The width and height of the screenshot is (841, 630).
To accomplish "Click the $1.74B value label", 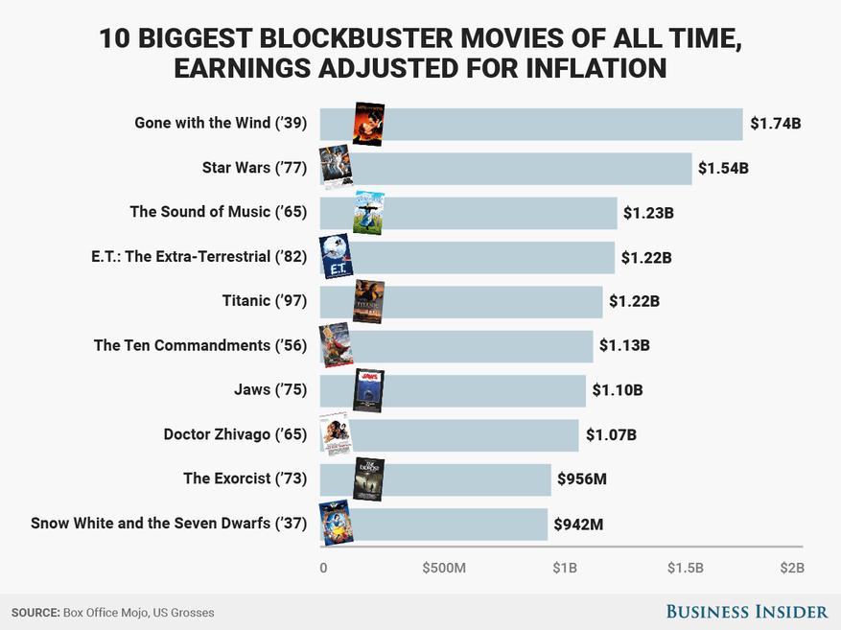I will tap(775, 124).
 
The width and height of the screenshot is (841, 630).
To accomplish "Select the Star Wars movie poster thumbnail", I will tap(336, 168).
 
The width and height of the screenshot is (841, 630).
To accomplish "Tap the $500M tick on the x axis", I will tap(444, 568).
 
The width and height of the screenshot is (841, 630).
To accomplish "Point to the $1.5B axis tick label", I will tap(685, 568).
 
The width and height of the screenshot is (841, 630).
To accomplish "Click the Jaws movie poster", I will tap(368, 390).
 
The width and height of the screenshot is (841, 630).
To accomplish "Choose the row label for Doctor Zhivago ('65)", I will tap(235, 434).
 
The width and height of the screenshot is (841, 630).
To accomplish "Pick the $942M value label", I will tap(578, 525).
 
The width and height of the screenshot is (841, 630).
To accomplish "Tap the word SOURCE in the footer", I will tap(35, 612).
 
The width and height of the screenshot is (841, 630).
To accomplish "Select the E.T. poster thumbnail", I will tap(336, 257).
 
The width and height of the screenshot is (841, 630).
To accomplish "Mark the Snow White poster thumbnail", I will tap(336, 524).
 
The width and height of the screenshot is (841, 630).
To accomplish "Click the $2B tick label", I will tap(791, 568).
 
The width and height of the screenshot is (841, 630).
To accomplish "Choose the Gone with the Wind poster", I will tap(368, 124).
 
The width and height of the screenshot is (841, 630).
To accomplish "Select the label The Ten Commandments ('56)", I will tap(199, 345).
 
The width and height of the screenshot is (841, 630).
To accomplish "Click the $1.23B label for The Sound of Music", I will tap(648, 213).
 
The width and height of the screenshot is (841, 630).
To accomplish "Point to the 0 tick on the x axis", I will tap(323, 568).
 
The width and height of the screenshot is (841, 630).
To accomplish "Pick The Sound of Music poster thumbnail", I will tap(369, 213).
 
